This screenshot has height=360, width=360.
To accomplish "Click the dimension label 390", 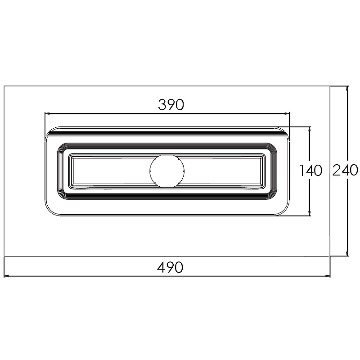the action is click(x=171, y=105).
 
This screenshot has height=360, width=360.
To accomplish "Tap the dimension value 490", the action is click(x=170, y=267).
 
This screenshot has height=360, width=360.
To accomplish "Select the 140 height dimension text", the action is click(x=311, y=171).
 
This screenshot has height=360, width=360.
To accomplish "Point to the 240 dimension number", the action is click(x=345, y=170).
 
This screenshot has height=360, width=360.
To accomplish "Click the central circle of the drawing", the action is click(x=167, y=171).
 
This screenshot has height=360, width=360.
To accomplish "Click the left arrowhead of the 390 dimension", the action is click(x=47, y=113).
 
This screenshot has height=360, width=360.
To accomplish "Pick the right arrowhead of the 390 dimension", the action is click(x=287, y=113).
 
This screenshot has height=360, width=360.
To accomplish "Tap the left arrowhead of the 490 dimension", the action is click(x=7, y=276).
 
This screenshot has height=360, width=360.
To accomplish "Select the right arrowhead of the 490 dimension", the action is click(x=327, y=276).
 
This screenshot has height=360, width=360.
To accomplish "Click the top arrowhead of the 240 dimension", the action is click(x=347, y=89).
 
